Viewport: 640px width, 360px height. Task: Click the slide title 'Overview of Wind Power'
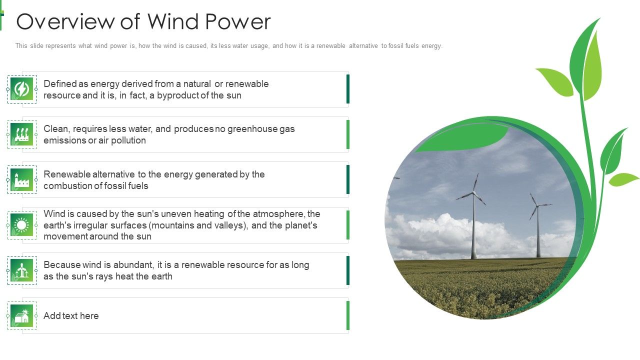point(143,22)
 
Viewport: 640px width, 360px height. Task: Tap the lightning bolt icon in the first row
point(21,89)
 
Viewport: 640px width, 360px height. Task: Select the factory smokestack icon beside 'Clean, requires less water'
point(21,134)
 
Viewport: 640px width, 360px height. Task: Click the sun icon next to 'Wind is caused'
point(21,225)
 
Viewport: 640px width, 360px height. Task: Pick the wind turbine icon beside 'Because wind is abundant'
point(21,270)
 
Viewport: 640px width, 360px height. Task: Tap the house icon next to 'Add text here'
point(21,316)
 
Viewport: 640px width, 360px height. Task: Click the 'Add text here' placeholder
point(71,316)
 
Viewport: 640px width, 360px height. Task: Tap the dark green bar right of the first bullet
point(348,89)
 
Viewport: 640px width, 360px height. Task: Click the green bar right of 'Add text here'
point(348,316)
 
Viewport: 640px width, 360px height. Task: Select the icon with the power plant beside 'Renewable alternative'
point(21,179)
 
